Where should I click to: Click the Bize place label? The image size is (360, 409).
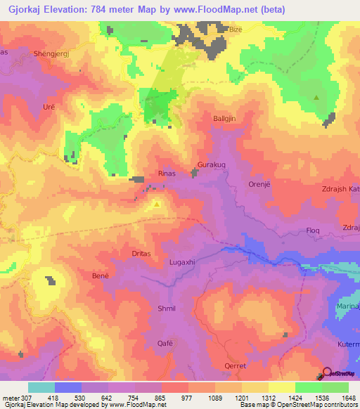point(236,30)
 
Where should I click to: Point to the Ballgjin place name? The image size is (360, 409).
point(226,119)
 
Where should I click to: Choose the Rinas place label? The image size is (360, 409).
point(167,173)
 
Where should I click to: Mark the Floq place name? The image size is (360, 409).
point(314,231)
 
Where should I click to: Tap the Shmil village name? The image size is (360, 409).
point(167,309)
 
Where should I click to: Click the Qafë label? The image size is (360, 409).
point(165,343)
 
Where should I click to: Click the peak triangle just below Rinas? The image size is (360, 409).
point(157,204)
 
